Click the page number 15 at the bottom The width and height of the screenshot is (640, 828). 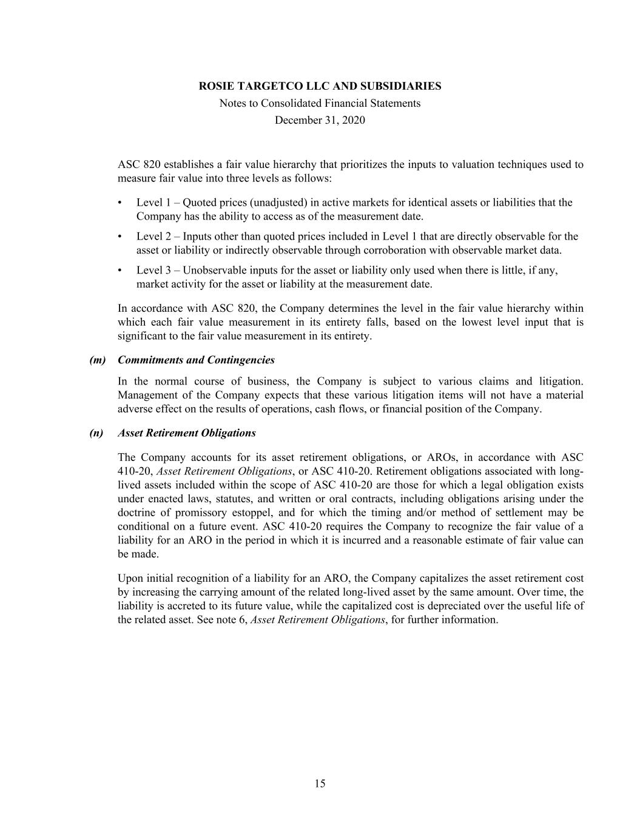(x=320, y=784)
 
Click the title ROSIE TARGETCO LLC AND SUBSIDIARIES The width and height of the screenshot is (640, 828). (x=320, y=86)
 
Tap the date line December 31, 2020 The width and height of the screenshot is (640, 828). (x=320, y=120)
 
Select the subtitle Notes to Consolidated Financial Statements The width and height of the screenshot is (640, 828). (x=320, y=103)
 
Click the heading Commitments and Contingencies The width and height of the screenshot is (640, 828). (x=196, y=360)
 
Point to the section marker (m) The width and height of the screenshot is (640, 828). (x=97, y=360)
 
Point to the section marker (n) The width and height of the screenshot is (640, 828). (x=96, y=433)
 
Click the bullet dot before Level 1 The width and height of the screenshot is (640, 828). (x=120, y=203)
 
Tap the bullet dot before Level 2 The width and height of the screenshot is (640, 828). (x=120, y=237)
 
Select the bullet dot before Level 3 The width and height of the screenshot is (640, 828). (x=120, y=271)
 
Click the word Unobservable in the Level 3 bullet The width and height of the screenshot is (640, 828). (x=214, y=271)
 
